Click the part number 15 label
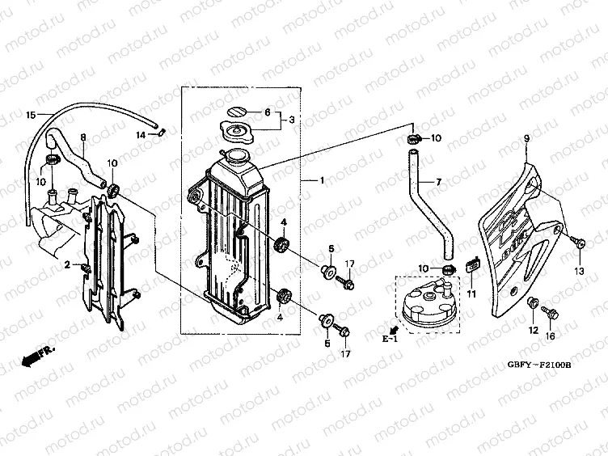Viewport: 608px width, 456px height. (32, 116)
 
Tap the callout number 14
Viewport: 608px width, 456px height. (141, 135)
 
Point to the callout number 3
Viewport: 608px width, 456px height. (293, 120)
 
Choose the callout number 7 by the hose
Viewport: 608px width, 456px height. (438, 183)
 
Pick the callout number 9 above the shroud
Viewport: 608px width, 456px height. (526, 139)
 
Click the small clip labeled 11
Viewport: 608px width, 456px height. (474, 262)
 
